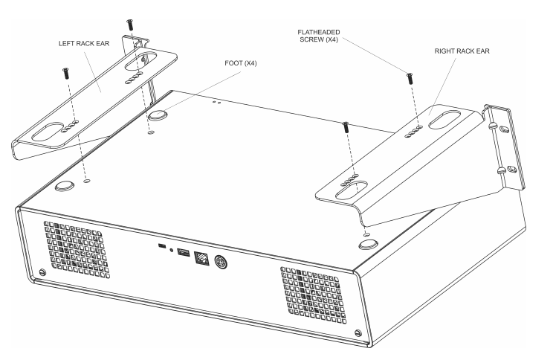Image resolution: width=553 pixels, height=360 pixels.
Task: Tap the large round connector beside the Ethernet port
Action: (220, 263)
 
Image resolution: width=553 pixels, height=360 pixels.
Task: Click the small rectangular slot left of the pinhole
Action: (161, 246)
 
